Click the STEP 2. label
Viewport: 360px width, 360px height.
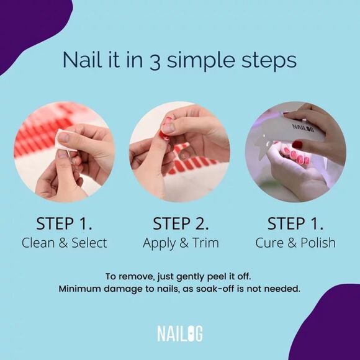pyautogui.click(x=180, y=223)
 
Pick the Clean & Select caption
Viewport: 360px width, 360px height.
pyautogui.click(x=65, y=243)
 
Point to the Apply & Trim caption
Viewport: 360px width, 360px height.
pyautogui.click(x=180, y=243)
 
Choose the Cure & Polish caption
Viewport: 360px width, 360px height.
pyautogui.click(x=295, y=243)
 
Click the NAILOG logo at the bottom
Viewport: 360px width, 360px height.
pyautogui.click(x=180, y=333)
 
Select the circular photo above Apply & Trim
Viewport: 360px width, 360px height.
pyautogui.click(x=180, y=152)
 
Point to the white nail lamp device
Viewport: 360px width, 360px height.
pyautogui.click(x=292, y=133)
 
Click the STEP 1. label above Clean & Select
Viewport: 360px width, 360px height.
pyautogui.click(x=65, y=223)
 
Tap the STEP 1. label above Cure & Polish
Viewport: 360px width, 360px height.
pyautogui.click(x=295, y=223)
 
